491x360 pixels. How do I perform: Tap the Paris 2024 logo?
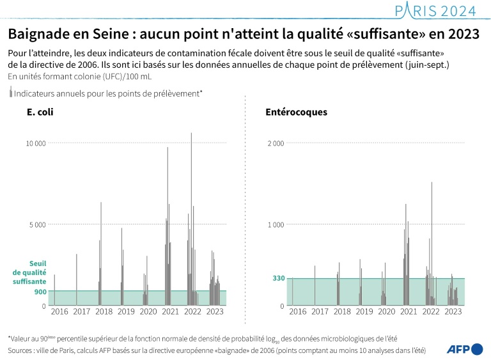point(436,10)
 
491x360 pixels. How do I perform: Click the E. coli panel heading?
point(40,112)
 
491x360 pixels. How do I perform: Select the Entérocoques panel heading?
point(296,112)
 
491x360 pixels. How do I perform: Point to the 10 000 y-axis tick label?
point(35,143)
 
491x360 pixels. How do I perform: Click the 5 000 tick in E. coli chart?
point(38,224)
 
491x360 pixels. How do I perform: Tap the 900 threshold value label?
point(39,292)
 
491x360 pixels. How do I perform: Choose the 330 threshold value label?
point(278,279)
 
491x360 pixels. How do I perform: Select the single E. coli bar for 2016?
point(54,290)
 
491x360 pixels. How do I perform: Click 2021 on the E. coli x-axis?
point(170,311)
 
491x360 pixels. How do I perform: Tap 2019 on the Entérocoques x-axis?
point(364,311)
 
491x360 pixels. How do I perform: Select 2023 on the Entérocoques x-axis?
point(453,311)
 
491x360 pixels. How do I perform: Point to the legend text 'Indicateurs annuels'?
point(108,93)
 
